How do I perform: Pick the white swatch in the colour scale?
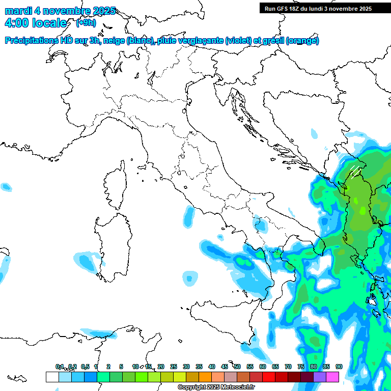52,377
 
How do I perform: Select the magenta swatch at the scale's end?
332,377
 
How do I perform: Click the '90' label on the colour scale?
339,367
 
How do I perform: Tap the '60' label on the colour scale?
262,367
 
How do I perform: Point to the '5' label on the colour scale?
121,367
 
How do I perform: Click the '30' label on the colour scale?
186,367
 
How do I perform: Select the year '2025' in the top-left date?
102,11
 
